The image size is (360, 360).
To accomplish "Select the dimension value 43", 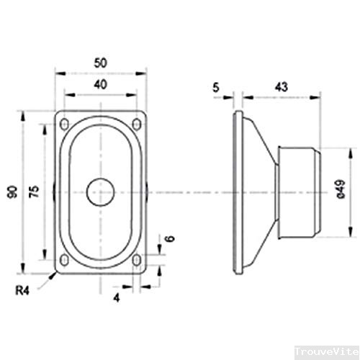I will click(x=282, y=86).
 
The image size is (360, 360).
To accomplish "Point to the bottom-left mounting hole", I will click(x=66, y=260).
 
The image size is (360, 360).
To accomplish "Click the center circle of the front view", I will click(x=100, y=191).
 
